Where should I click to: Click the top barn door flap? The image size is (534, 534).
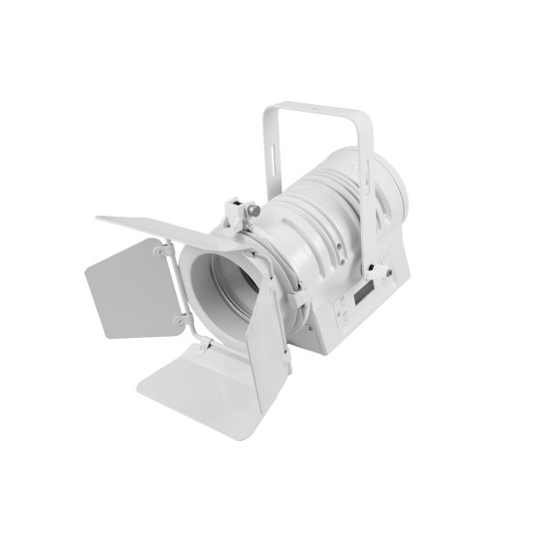coord(155,227)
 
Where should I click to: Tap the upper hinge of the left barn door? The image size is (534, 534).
coord(159,250)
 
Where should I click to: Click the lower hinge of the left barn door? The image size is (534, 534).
coord(179,319)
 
